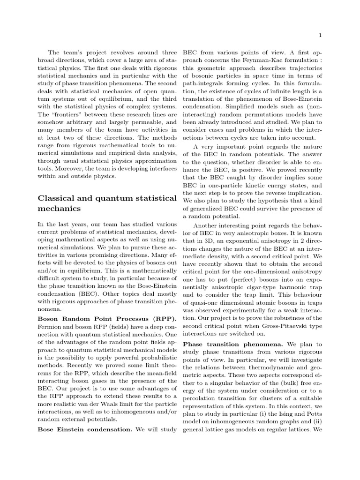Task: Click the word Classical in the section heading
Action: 58,197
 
